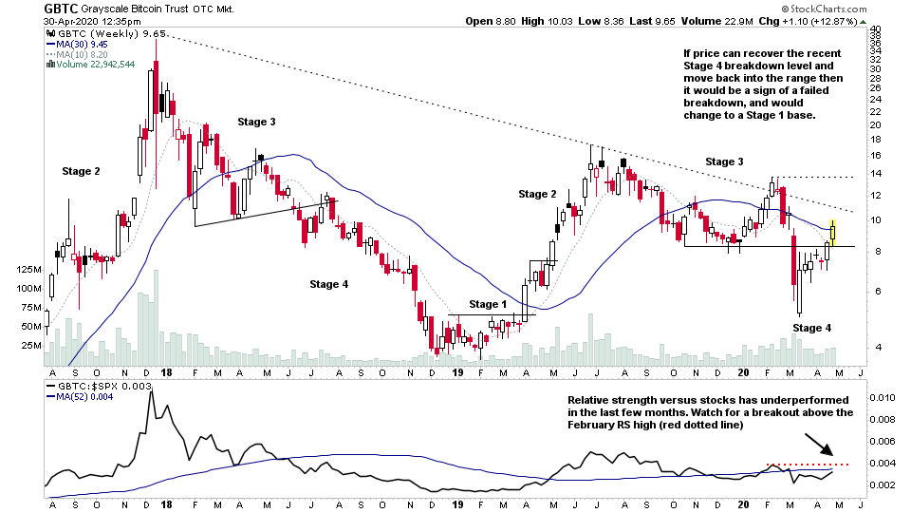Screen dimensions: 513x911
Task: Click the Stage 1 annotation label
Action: click(x=488, y=304)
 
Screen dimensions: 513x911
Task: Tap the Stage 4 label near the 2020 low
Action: click(x=811, y=328)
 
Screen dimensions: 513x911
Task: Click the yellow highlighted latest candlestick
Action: click(x=833, y=231)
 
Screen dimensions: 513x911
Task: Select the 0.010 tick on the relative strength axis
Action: click(x=883, y=397)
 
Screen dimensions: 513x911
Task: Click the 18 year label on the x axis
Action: click(x=166, y=374)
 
